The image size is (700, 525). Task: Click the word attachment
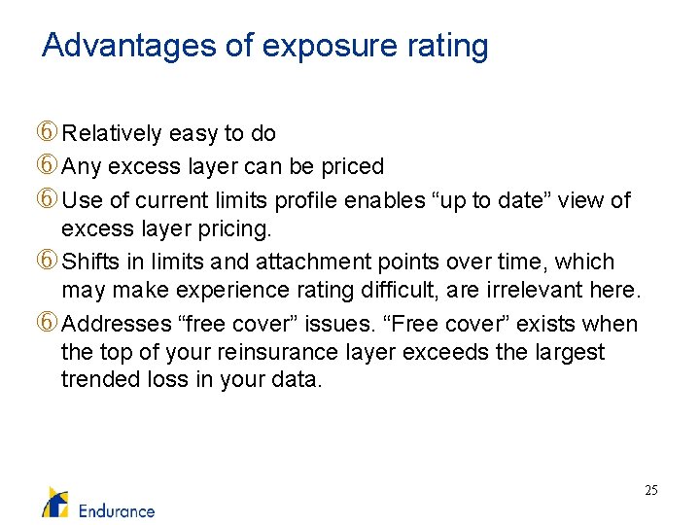[318, 262]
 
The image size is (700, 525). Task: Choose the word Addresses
[110, 324]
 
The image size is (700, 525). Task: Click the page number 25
[651, 491]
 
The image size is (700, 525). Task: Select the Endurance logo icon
[54, 501]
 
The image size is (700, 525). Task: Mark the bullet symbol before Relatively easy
[48, 133]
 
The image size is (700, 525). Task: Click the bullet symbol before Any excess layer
[48, 166]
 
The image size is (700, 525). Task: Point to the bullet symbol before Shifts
[48, 262]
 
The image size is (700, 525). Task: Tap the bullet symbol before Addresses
[48, 324]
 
